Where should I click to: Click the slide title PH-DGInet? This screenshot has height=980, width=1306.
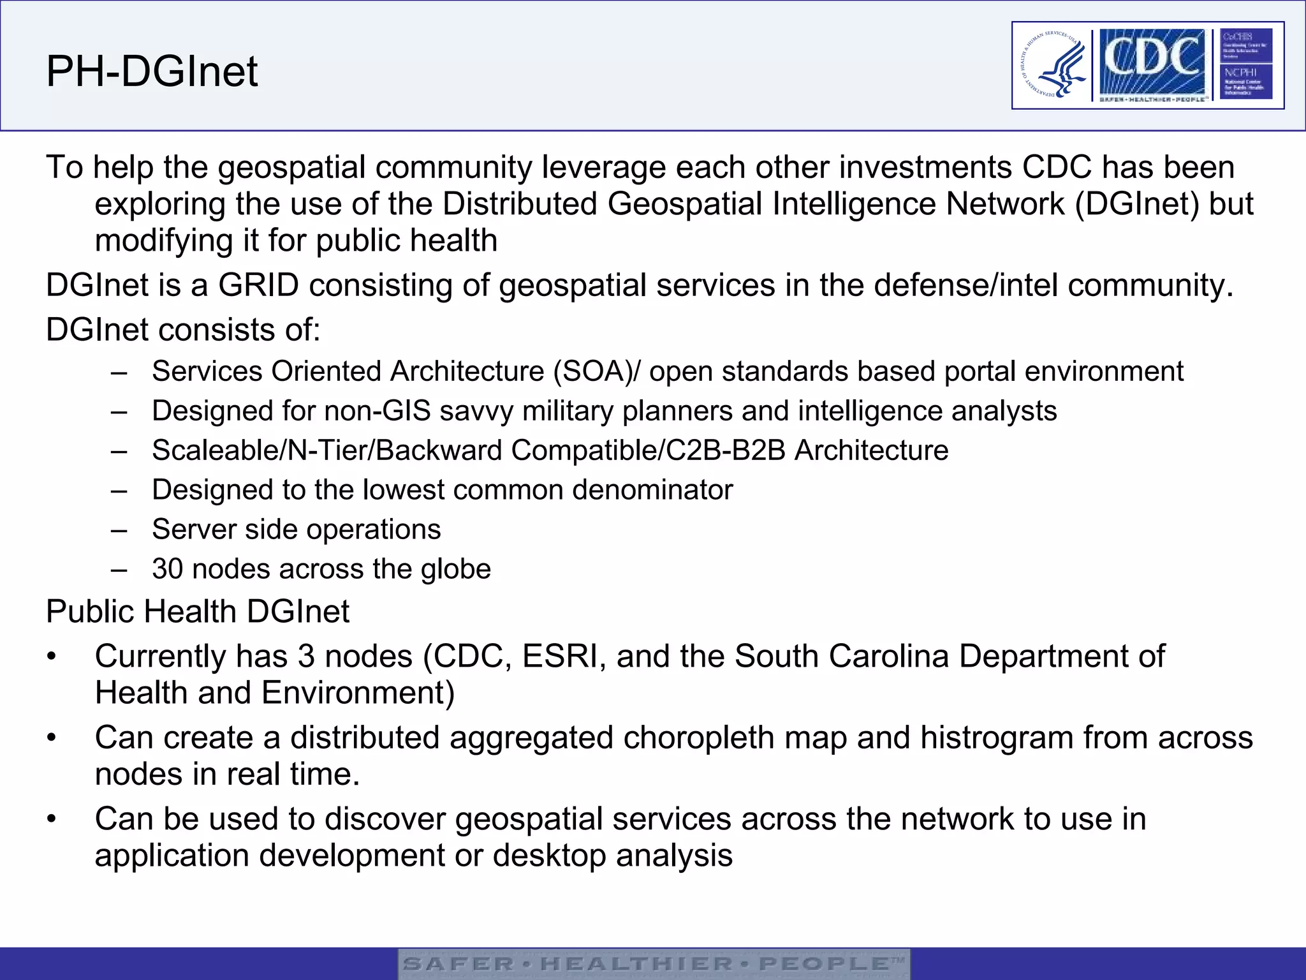[x=152, y=71]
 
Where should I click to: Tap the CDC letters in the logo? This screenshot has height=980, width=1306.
[x=1150, y=59]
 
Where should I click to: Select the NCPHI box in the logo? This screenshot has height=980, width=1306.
[x=1245, y=81]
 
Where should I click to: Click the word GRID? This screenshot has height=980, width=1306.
[x=258, y=285]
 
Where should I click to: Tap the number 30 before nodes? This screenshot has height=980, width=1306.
[x=168, y=569]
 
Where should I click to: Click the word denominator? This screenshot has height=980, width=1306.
[x=652, y=490]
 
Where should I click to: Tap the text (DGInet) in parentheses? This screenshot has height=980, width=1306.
[x=1137, y=204]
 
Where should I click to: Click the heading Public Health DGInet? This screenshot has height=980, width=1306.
[x=198, y=612]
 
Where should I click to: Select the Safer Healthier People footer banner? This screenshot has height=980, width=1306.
[x=654, y=963]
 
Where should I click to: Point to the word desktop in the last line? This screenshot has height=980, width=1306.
[x=549, y=856]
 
